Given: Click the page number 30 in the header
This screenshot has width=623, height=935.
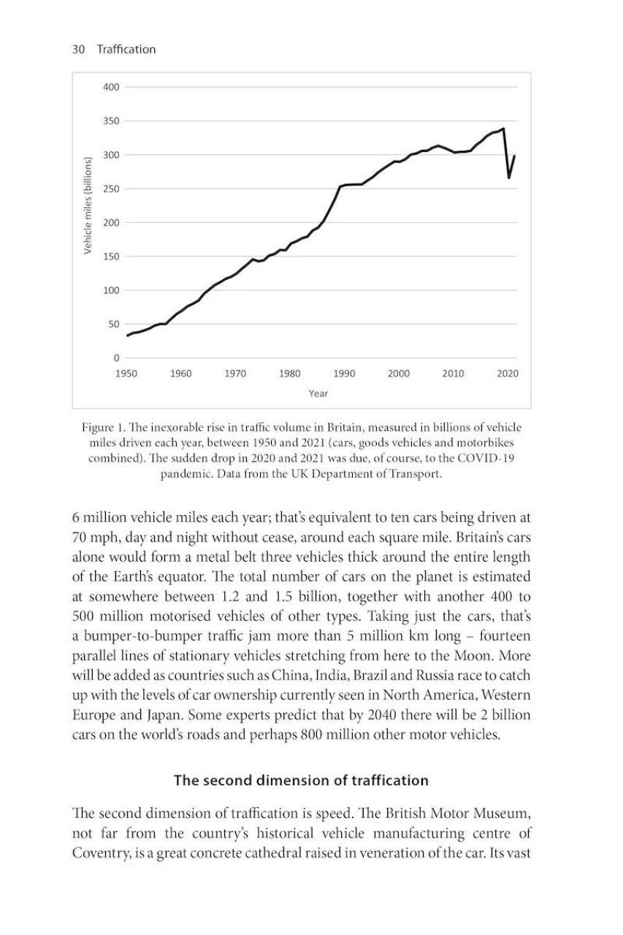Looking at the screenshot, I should [78, 49].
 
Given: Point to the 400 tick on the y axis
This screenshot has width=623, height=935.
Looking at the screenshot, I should [110, 87].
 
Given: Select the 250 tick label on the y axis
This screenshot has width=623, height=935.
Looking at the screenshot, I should [110, 188].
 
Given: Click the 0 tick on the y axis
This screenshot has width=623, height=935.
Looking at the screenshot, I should [115, 358].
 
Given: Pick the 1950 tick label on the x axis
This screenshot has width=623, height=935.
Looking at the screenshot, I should [126, 373].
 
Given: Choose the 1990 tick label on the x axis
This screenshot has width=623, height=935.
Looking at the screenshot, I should [344, 373].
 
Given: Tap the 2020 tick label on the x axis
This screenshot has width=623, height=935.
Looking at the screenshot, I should [507, 373].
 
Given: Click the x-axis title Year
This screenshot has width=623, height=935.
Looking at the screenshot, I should [318, 393].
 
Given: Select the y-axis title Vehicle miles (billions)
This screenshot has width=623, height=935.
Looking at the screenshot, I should [87, 205].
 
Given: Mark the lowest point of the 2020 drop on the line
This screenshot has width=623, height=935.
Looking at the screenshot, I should [509, 178].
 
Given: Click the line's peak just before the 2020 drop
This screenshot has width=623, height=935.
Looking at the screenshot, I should [503, 129].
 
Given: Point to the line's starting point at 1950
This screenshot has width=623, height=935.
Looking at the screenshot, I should [127, 335].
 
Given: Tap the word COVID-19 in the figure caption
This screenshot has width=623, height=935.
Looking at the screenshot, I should [497, 459].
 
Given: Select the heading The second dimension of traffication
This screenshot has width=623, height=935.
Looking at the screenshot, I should [301, 780].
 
